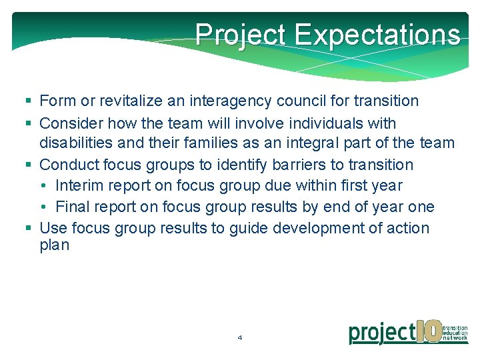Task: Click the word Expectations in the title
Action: point(377,34)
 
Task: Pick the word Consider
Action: point(69,124)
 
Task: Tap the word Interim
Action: point(79,186)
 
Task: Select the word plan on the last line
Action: point(54,245)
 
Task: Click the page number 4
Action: point(240,338)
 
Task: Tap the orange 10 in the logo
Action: point(429,331)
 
